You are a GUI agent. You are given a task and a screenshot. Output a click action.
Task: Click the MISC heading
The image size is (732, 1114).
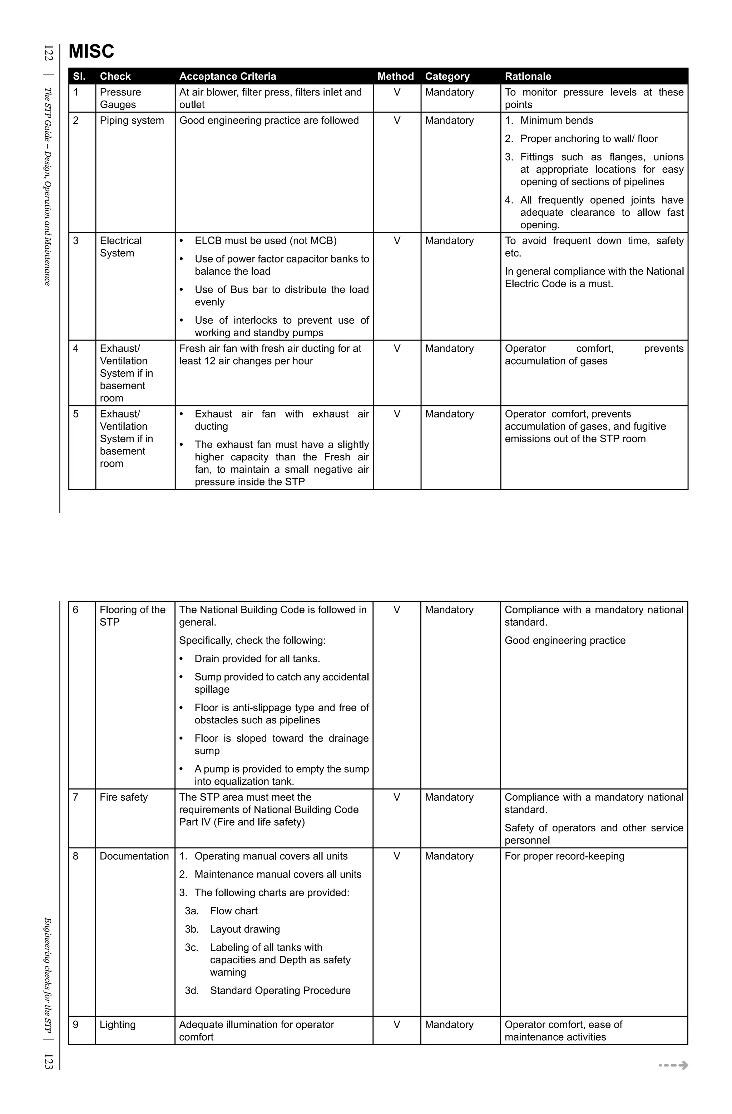91,52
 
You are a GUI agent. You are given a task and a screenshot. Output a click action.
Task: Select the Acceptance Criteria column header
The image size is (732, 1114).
227,76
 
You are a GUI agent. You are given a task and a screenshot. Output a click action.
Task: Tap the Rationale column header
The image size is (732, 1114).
528,76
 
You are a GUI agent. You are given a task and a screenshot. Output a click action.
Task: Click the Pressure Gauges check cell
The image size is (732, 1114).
120,98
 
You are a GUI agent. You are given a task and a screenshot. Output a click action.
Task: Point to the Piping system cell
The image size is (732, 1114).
132,121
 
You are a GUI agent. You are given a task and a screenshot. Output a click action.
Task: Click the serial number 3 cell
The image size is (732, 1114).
76,241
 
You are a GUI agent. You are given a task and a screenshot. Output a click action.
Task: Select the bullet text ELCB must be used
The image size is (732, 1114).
265,241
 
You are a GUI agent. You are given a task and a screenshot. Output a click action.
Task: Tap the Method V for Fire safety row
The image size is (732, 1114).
397,797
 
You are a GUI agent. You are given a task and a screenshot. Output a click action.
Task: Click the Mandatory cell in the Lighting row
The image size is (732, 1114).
449,1025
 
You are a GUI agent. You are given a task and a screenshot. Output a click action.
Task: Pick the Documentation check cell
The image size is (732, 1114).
134,856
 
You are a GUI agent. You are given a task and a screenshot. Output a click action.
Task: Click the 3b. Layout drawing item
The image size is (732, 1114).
232,929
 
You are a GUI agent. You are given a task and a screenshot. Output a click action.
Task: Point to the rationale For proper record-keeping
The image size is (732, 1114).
564,856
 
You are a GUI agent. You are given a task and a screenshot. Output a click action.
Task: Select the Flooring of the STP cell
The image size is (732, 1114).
132,616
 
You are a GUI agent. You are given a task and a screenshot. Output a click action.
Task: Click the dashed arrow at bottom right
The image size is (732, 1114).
673,1065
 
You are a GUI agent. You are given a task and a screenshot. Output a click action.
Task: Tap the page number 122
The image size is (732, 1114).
49,53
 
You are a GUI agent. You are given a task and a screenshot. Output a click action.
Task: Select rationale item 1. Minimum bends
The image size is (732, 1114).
549,121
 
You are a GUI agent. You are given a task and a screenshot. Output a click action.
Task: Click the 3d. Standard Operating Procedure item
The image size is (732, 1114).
268,991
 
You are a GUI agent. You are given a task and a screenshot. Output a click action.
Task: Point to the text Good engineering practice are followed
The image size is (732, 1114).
269,121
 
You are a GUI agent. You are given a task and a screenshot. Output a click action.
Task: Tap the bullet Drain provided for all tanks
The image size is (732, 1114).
257,659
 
